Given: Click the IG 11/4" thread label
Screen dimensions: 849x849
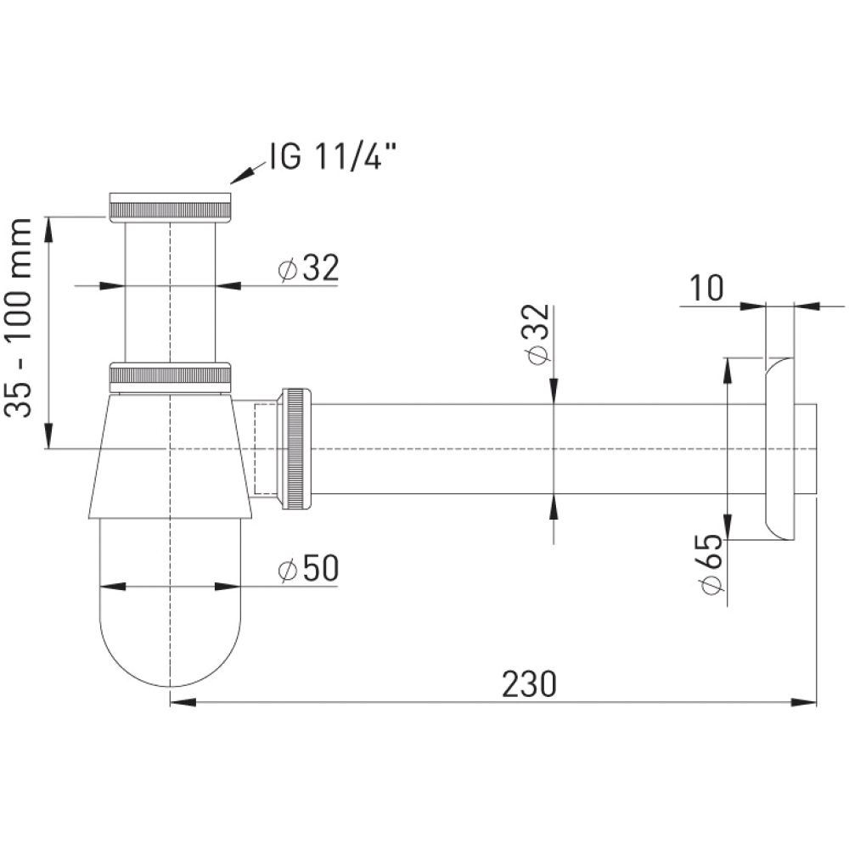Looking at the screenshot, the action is point(333,157).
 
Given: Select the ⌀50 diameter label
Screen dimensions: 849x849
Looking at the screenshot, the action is point(308,568).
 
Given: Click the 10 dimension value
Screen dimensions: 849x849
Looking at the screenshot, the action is point(706,288).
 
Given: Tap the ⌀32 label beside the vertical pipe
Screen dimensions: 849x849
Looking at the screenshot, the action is point(308,267).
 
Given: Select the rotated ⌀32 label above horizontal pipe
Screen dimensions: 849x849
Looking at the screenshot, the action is point(537,334).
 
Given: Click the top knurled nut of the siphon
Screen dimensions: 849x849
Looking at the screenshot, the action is point(170,207).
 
